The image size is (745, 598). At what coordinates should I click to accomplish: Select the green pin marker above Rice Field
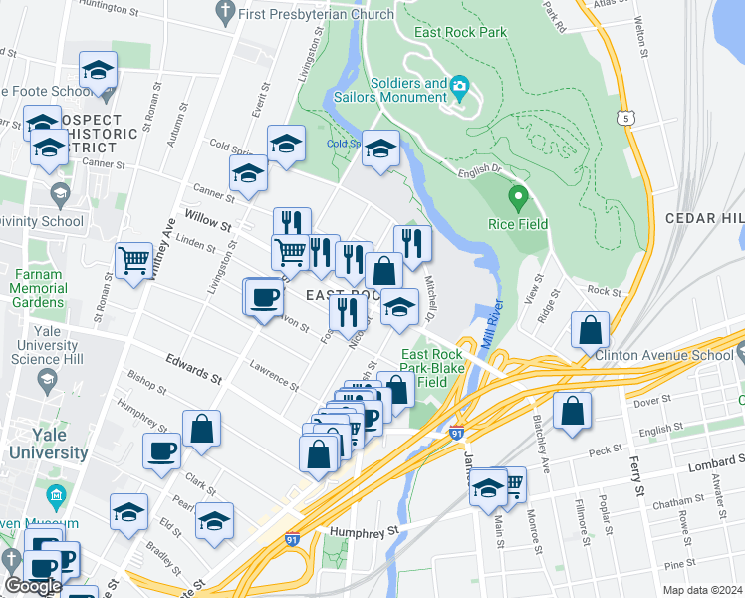517,198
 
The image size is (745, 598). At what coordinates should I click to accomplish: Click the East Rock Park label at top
461,32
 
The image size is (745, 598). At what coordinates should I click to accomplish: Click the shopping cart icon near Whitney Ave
133,261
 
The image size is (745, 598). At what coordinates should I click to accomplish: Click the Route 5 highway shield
624,118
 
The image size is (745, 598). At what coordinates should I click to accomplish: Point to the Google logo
33,585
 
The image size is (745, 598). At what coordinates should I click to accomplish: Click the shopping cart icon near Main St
512,484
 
